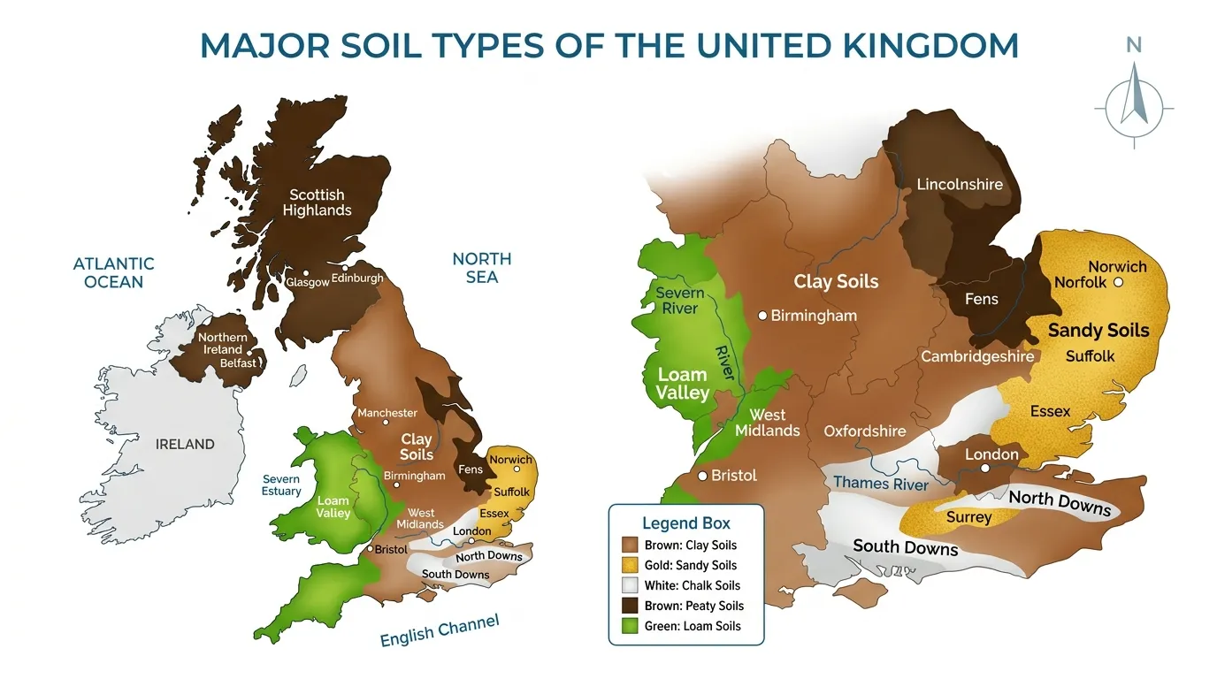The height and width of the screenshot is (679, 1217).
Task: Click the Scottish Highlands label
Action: (x=317, y=202)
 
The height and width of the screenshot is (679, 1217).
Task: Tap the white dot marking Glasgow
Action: (x=305, y=273)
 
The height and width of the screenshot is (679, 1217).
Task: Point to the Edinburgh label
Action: (x=357, y=278)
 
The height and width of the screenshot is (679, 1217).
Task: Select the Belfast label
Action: (x=239, y=362)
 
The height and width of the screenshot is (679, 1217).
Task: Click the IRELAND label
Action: (x=185, y=444)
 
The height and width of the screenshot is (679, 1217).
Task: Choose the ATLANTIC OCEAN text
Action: (x=113, y=272)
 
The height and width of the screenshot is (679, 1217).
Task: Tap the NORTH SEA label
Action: (x=481, y=267)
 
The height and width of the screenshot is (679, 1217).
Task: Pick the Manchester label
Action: (x=387, y=413)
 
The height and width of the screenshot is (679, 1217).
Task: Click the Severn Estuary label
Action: (x=281, y=485)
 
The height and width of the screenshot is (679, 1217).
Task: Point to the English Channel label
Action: (x=439, y=630)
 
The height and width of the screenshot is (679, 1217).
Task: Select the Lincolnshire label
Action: (x=960, y=184)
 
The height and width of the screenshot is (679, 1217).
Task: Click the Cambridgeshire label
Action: (x=977, y=356)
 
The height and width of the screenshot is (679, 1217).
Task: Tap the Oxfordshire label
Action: (x=864, y=431)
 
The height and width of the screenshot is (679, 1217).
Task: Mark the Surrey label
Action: (x=968, y=517)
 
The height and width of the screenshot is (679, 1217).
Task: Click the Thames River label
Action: (x=881, y=484)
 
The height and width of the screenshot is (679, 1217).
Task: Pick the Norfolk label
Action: (x=1080, y=282)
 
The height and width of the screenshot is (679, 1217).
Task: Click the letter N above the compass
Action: (x=1133, y=46)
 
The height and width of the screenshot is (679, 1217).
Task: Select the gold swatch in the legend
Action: (x=630, y=565)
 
